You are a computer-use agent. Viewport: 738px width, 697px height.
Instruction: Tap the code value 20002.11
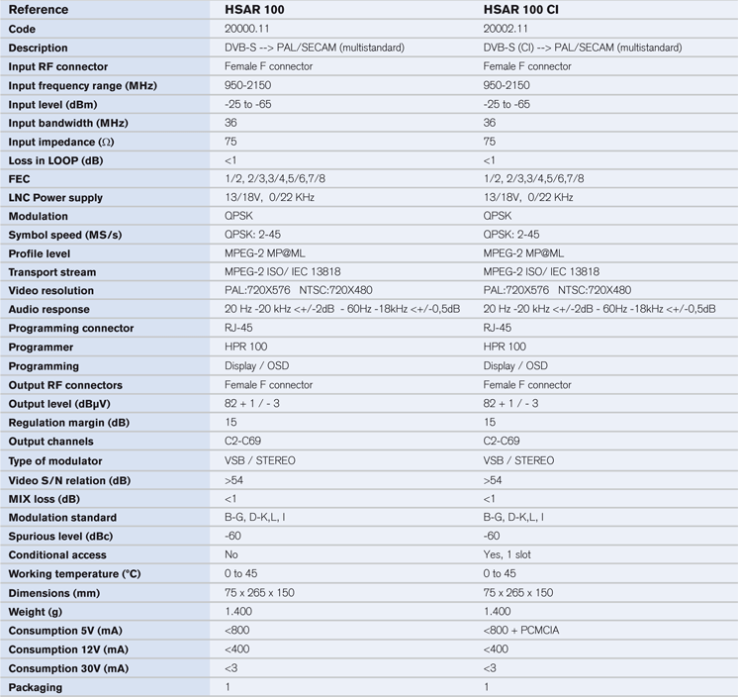506,29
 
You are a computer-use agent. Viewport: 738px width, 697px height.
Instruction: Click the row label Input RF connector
58,66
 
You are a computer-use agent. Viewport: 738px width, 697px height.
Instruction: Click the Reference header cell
39,10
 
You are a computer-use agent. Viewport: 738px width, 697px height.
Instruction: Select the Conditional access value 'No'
231,555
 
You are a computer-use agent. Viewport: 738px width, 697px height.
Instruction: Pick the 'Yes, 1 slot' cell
507,555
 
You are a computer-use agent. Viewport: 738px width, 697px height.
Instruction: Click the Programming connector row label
71,329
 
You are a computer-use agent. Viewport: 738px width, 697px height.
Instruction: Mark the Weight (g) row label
39,612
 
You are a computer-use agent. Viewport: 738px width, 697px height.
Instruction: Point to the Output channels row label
51,442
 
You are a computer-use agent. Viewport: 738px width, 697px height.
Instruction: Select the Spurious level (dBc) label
59,537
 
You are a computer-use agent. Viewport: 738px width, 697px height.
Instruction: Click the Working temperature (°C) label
75,574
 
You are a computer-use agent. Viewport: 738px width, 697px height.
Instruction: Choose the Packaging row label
36,687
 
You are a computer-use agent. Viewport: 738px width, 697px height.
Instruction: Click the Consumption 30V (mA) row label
68,668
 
